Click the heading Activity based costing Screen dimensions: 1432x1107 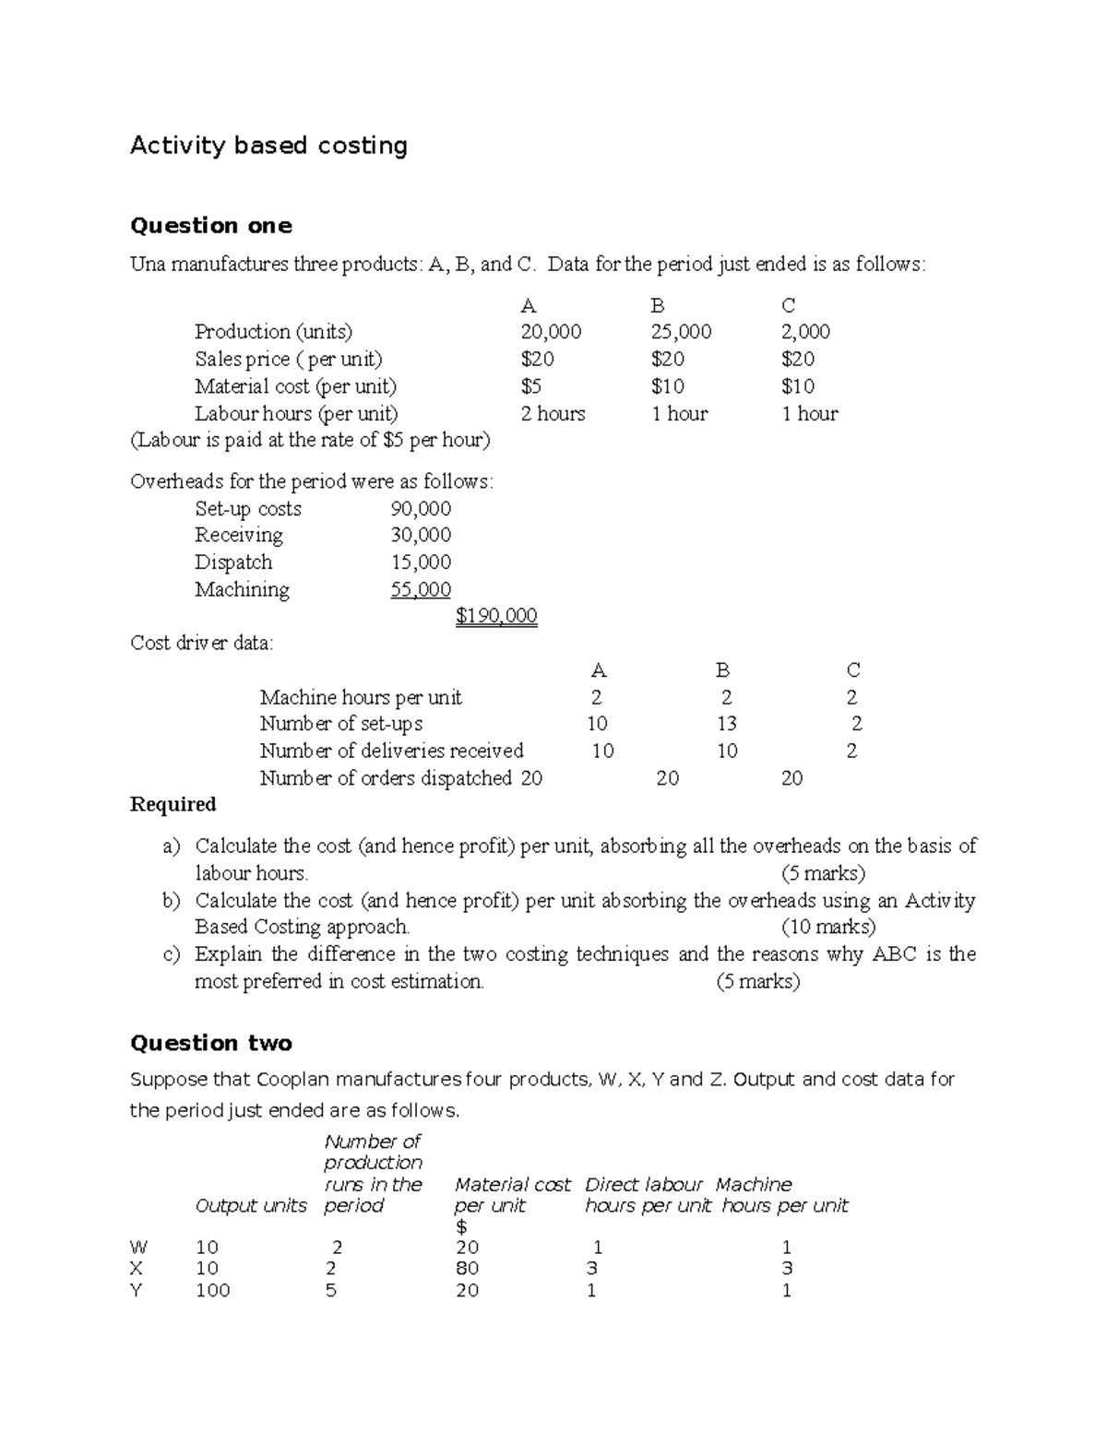(268, 146)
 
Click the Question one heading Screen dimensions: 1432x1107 (211, 226)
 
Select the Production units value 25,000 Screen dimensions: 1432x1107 (681, 332)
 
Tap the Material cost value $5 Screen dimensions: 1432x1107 (531, 386)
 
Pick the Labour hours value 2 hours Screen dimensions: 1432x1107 (553, 414)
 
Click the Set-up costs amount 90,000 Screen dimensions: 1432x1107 (421, 509)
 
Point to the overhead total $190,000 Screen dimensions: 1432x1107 (496, 616)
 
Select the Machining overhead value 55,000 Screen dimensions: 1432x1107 (421, 590)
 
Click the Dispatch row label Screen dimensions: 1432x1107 (233, 562)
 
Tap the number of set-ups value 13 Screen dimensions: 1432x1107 (726, 724)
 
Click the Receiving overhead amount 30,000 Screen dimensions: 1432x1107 (421, 536)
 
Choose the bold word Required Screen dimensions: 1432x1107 (173, 805)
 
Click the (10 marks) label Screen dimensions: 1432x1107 (827, 927)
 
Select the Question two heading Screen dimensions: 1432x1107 (211, 1043)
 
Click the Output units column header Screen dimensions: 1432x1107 (251, 1206)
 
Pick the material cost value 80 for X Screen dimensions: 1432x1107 (467, 1269)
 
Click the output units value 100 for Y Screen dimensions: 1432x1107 (212, 1290)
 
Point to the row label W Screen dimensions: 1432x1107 (138, 1248)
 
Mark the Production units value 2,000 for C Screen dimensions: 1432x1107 (805, 332)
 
